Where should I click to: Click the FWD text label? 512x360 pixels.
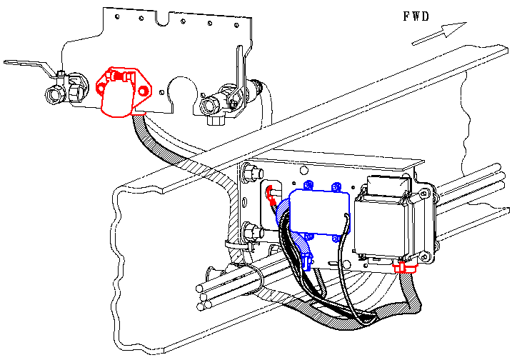tap(416, 16)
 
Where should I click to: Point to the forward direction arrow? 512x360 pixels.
tap(439, 34)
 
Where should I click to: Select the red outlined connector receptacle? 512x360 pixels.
tap(124, 91)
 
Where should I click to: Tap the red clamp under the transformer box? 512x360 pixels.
tap(405, 268)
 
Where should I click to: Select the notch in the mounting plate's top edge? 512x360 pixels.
tap(162, 19)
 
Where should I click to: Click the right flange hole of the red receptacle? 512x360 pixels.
tap(143, 91)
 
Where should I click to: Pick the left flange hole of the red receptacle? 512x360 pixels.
tap(101, 88)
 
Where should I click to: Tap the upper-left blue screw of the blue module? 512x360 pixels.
tap(308, 186)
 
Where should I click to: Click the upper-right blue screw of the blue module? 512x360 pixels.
tap(336, 187)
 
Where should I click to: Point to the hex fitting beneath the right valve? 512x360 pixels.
tap(216, 120)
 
